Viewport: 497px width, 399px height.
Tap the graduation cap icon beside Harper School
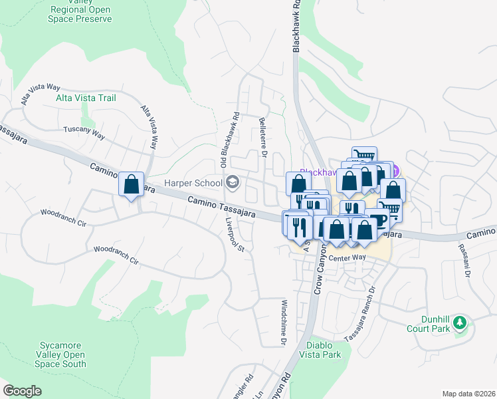point(233,182)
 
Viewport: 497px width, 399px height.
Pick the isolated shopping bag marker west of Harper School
point(132,184)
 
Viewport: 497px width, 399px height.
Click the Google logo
point(22,390)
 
